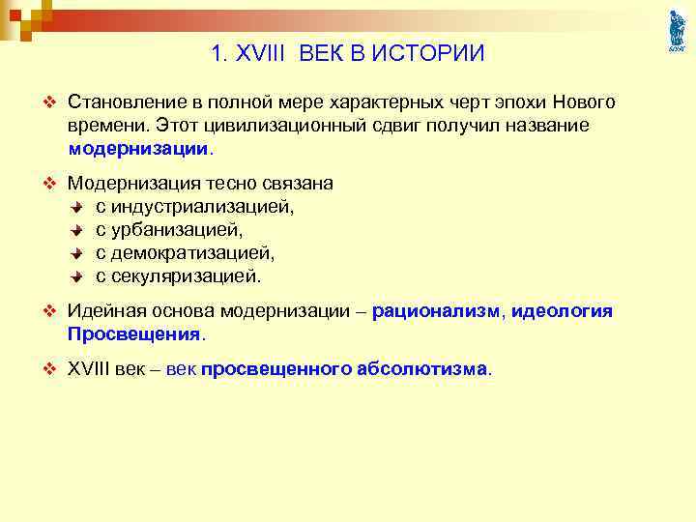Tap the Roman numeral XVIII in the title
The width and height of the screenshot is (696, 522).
263,54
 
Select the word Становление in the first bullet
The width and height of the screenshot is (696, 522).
122,103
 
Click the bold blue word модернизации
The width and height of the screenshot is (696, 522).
137,150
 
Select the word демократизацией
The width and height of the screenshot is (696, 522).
192,252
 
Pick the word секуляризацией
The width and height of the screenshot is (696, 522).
186,275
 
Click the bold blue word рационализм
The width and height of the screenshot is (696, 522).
436,311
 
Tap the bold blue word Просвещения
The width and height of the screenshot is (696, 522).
133,334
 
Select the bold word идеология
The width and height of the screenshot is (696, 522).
562,311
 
